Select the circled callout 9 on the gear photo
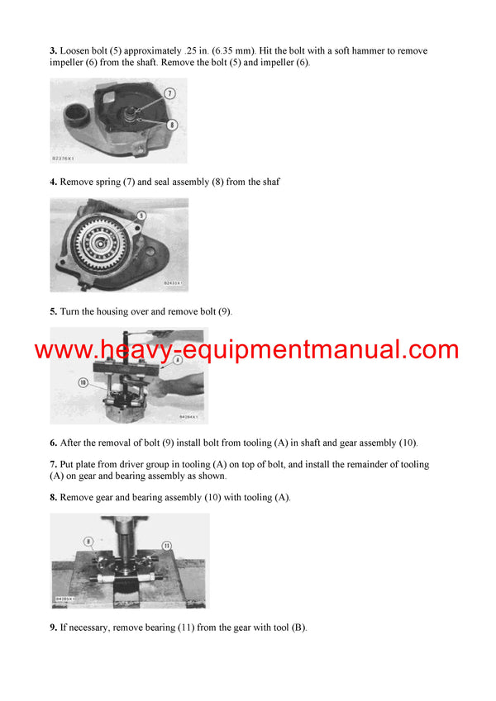pos(141,215)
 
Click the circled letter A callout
pos(177,360)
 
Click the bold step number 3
pos(53,51)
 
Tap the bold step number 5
pos(53,312)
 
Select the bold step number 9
pos(53,628)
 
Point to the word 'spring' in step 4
pos(109,182)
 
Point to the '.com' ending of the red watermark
pos(432,349)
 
